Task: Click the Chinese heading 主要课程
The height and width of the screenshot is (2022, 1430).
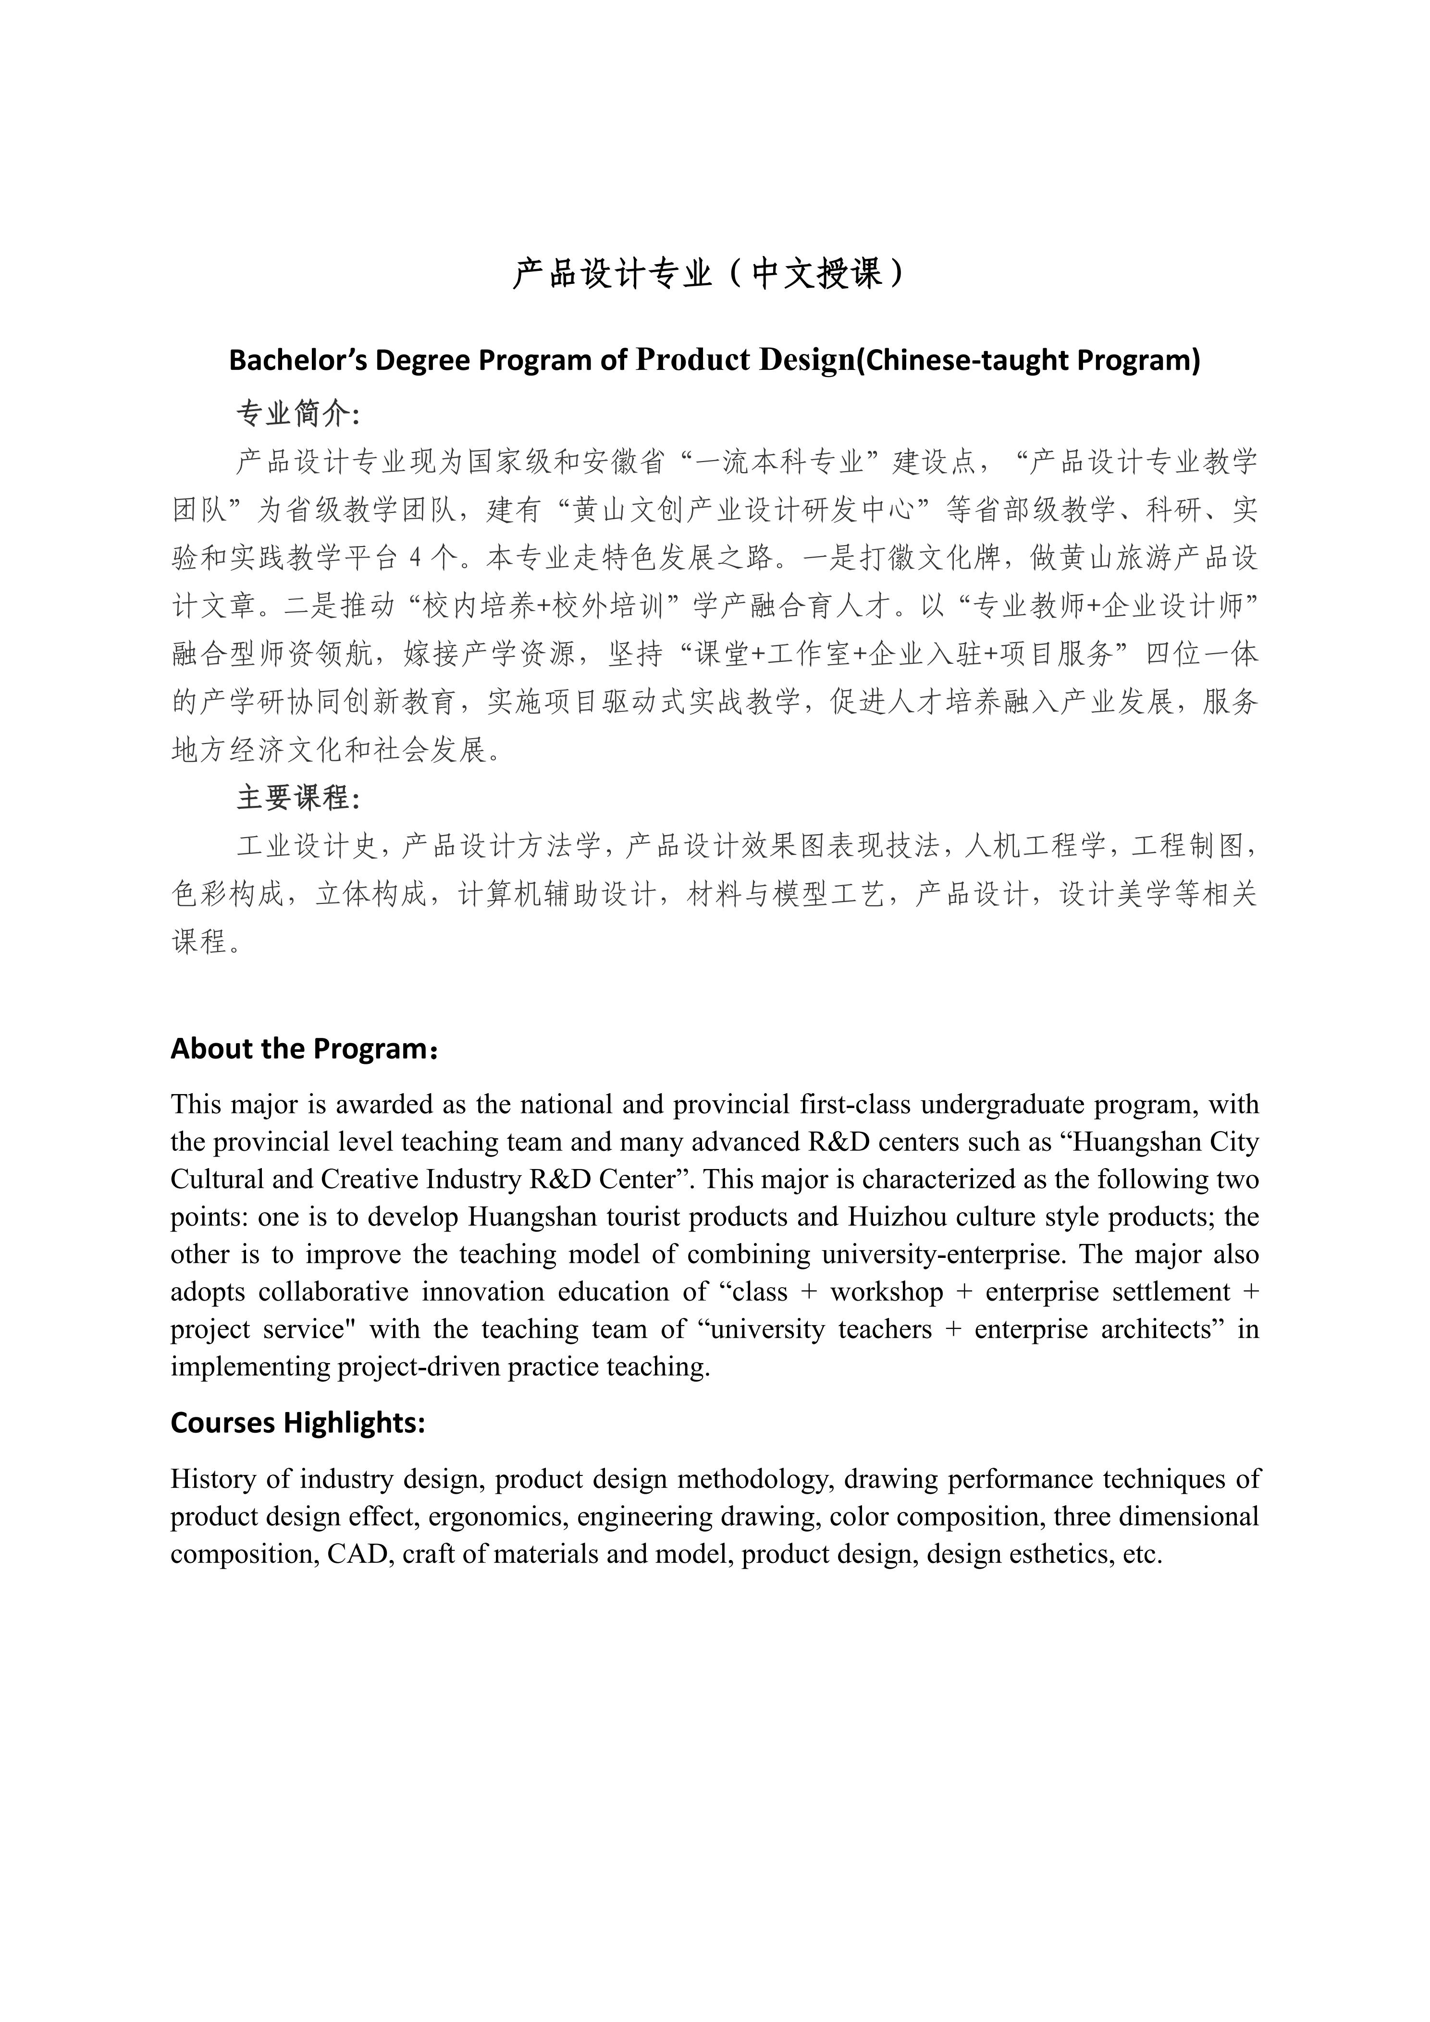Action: [x=294, y=799]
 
